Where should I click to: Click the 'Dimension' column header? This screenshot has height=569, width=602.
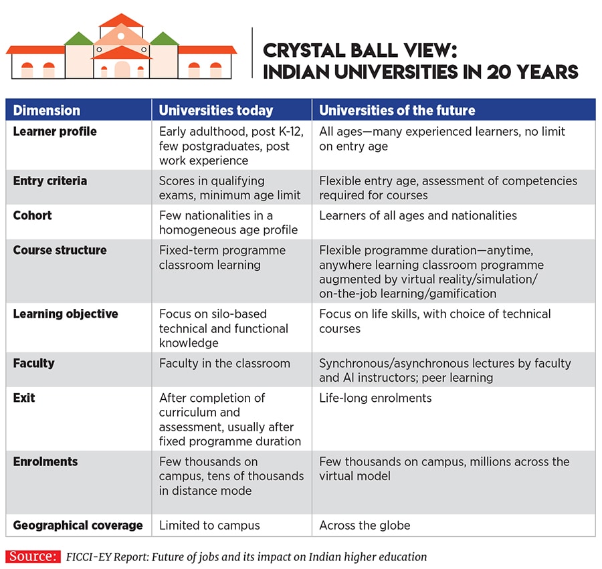[46, 110]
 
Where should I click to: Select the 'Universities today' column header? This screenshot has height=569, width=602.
[216, 110]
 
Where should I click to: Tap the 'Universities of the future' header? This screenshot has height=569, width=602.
[397, 110]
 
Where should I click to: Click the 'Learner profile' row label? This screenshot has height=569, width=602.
[55, 132]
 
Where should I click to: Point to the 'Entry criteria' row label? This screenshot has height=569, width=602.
[50, 181]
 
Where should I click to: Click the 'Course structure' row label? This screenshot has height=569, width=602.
[60, 251]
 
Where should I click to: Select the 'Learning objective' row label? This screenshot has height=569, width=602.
[66, 314]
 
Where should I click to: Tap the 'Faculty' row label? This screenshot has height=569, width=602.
[33, 364]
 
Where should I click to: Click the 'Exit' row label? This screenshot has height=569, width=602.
[24, 399]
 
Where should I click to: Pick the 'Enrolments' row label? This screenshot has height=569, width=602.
[45, 462]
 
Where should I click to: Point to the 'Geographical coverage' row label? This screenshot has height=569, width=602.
[78, 526]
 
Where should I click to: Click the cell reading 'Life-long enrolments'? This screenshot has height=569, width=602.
[375, 399]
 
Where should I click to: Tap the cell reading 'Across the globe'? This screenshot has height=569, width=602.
[365, 526]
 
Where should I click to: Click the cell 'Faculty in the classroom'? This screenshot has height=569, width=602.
[225, 364]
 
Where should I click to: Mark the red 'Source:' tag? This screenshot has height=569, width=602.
[32, 556]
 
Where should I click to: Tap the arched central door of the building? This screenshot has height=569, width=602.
[122, 70]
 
